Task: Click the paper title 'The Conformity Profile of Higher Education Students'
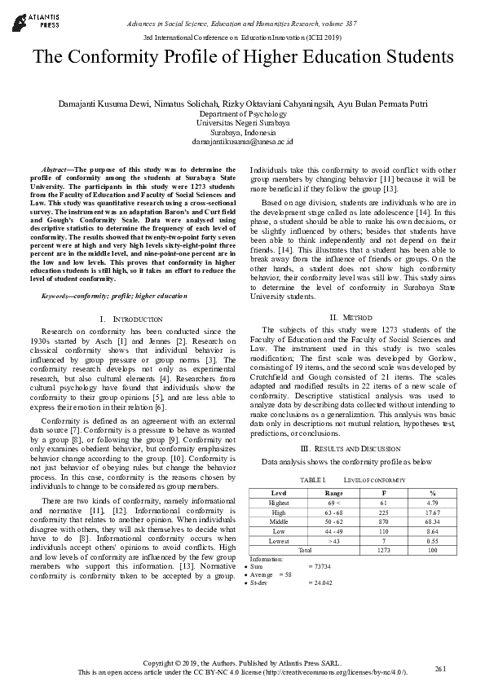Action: (x=242, y=58)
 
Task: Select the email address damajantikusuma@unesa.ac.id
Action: (x=242, y=141)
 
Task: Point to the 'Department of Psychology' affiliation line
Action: (x=242, y=114)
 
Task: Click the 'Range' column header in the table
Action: (x=334, y=493)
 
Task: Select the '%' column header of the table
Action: (x=433, y=493)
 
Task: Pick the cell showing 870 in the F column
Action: (x=384, y=521)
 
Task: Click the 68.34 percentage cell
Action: (x=433, y=521)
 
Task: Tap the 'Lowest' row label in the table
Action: (x=279, y=539)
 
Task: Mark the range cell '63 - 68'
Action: (x=334, y=512)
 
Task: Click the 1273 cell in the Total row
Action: (x=384, y=549)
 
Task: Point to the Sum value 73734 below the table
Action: (x=321, y=565)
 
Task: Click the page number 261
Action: (x=441, y=668)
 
